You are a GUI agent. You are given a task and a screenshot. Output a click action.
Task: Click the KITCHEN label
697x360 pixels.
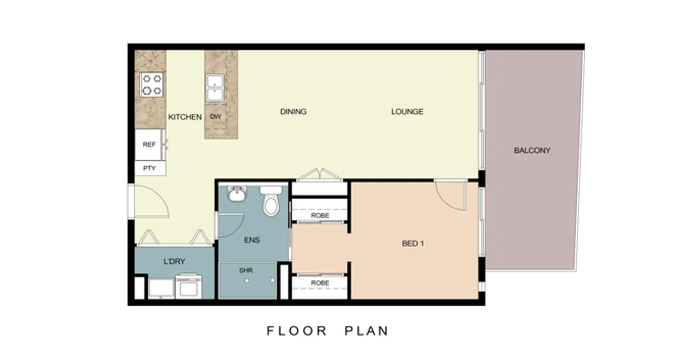185,117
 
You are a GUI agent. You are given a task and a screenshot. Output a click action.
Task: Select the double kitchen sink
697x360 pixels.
215,88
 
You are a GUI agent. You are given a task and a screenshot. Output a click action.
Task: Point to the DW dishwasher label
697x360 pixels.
215,117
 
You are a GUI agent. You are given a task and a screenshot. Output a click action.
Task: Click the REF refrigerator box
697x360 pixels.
149,145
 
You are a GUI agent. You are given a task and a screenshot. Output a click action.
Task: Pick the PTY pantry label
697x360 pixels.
149,168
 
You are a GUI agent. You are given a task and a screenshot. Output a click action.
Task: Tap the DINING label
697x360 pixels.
293,112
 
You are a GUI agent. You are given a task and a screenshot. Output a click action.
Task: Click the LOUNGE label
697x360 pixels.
407,112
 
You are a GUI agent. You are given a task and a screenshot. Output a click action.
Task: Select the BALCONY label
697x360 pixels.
532,150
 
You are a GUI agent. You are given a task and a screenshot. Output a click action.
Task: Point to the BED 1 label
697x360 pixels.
412,244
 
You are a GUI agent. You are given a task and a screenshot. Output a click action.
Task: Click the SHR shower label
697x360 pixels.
246,270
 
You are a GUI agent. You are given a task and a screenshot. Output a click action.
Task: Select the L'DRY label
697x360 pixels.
174,262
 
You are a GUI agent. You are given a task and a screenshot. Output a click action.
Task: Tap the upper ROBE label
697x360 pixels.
320,215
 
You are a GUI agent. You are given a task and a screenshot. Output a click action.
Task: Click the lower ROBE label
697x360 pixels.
320,283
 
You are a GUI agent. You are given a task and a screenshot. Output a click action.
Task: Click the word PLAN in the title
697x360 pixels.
366,331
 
